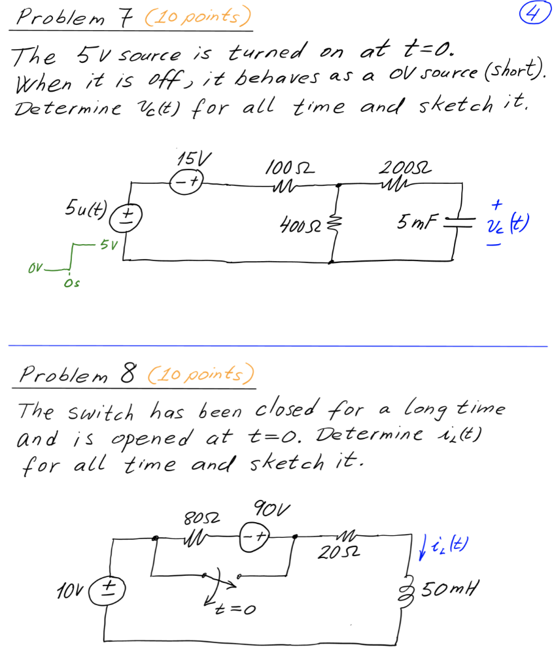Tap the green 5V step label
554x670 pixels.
(107, 247)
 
